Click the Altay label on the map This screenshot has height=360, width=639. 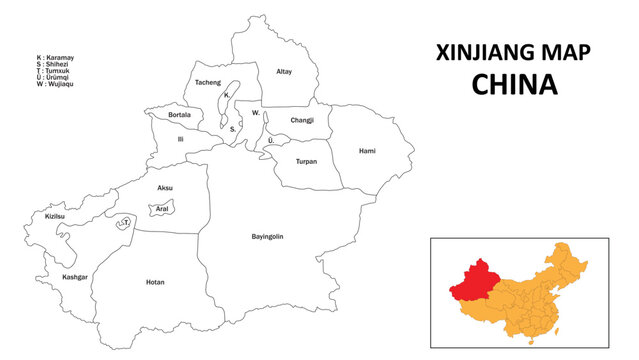coord(284,72)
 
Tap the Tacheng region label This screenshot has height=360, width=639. coord(208,82)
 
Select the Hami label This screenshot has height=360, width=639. coord(367,151)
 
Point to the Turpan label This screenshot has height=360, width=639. coord(306,161)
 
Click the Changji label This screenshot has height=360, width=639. coord(301,120)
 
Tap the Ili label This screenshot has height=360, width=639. coord(180,140)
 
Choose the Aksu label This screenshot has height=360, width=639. coord(165,188)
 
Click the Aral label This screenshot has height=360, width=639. coord(162,209)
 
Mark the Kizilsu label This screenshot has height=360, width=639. coord(56,216)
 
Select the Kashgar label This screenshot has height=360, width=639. coord(74,276)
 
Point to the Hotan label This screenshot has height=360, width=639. coord(155,282)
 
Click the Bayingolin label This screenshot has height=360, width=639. coord(267,236)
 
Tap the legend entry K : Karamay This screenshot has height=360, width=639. coord(54,59)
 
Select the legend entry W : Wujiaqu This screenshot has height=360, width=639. coord(54,83)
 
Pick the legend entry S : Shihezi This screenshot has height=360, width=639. coord(53,65)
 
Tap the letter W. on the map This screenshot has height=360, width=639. coord(256,113)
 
